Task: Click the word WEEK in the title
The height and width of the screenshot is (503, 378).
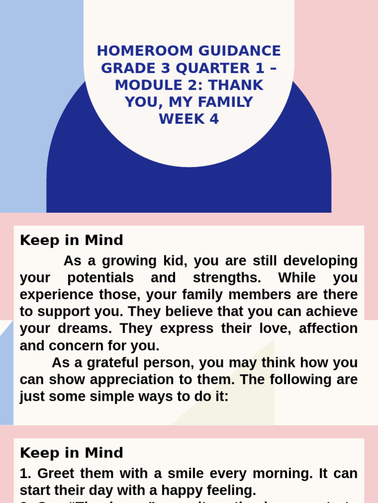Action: [x=179, y=119]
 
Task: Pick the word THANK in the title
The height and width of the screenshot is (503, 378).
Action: [x=236, y=85]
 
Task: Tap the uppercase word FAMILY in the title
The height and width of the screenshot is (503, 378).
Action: [x=226, y=102]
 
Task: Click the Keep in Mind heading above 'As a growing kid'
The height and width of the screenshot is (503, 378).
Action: [x=71, y=241]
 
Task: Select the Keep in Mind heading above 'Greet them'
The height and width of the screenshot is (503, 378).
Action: [x=71, y=453]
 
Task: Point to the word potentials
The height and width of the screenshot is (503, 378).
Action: [x=100, y=278]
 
